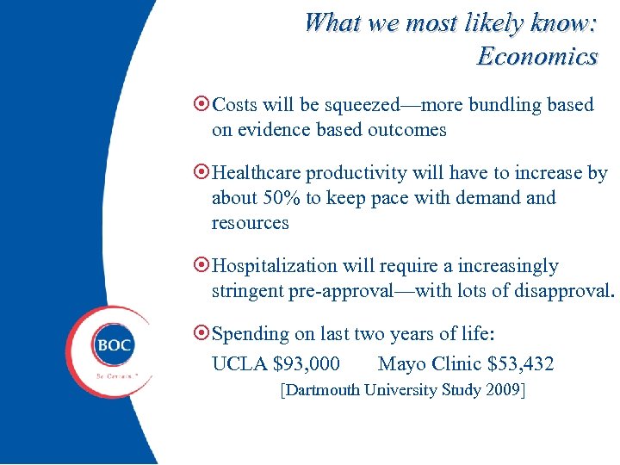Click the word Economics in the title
(x=536, y=57)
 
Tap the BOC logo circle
(x=114, y=345)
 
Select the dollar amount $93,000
(x=306, y=364)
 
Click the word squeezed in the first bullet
(x=363, y=106)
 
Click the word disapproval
(x=563, y=291)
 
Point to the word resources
(x=250, y=223)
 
